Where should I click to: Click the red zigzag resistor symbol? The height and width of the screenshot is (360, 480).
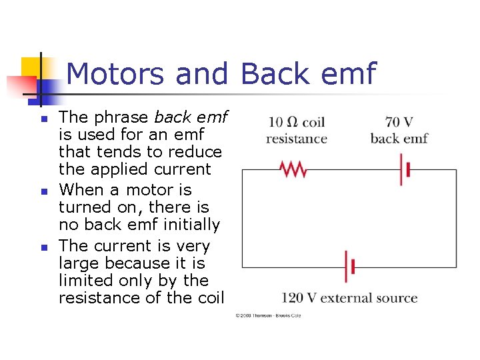click(x=293, y=170)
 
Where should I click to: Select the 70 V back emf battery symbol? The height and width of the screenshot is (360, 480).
click(x=405, y=170)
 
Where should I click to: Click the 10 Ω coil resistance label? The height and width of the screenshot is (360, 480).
click(x=297, y=131)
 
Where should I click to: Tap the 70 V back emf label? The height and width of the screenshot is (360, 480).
click(x=399, y=131)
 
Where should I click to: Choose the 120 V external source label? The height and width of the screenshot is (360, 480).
click(x=349, y=298)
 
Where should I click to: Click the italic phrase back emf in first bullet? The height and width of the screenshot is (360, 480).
click(x=191, y=117)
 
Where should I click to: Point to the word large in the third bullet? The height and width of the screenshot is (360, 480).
click(x=81, y=263)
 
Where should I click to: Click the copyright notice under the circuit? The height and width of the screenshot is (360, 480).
click(x=268, y=315)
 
